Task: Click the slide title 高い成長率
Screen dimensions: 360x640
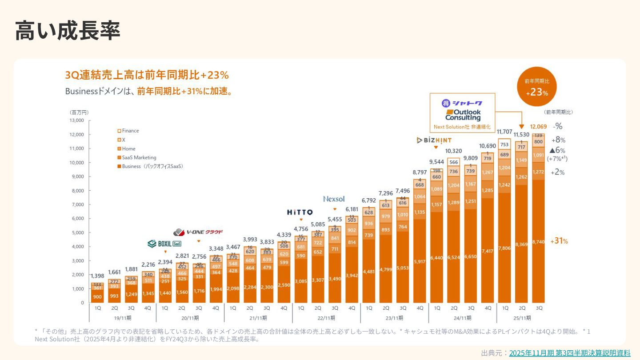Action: (68, 31)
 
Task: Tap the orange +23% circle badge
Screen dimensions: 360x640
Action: (537, 87)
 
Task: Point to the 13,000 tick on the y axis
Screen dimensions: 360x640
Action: (76, 120)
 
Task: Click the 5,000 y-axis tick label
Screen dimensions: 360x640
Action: (77, 232)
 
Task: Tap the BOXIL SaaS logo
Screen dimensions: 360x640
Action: (164, 244)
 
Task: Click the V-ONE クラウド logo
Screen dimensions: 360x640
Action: (198, 232)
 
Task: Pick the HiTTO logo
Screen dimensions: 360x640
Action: (300, 212)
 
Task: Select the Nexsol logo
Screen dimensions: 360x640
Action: (334, 199)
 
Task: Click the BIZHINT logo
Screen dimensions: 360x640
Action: (434, 140)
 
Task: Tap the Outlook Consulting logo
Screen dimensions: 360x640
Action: (463, 115)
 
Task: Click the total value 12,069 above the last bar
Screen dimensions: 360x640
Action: (538, 127)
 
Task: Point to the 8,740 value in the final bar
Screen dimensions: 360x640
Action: (538, 241)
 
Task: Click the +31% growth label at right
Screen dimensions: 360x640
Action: (559, 241)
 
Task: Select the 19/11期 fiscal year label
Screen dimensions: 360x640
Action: (123, 318)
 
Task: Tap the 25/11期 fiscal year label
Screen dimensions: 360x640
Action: (522, 318)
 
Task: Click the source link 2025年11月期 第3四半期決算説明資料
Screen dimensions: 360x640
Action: (569, 353)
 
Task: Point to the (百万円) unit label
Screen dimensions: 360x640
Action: (79, 112)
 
